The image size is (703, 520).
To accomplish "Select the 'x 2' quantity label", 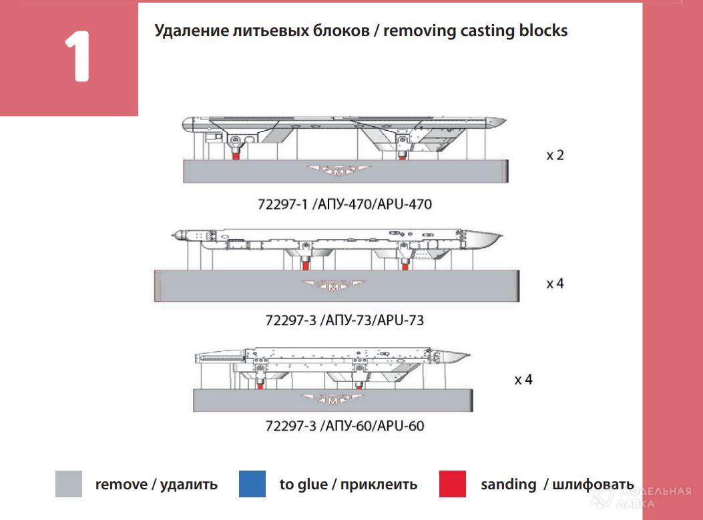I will tap(555, 156).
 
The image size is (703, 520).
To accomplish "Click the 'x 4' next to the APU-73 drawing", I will tap(555, 284).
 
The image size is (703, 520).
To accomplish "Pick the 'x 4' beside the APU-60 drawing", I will tap(523, 380).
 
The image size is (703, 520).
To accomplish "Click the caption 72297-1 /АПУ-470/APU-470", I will tap(344, 204).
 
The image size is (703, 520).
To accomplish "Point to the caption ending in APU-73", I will tap(344, 320).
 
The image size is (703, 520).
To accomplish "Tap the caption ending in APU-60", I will tap(344, 426).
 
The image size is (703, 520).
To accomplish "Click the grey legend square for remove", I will tap(68, 484).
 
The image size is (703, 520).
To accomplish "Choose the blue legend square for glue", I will tap(252, 484).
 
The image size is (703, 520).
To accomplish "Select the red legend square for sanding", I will tap(452, 484).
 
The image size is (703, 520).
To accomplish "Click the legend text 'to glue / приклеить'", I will tap(348, 485).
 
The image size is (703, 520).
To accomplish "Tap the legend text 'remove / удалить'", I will tap(156, 485).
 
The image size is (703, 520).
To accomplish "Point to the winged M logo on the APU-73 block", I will tap(334, 286).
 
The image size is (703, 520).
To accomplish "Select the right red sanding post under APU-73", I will tap(405, 265).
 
